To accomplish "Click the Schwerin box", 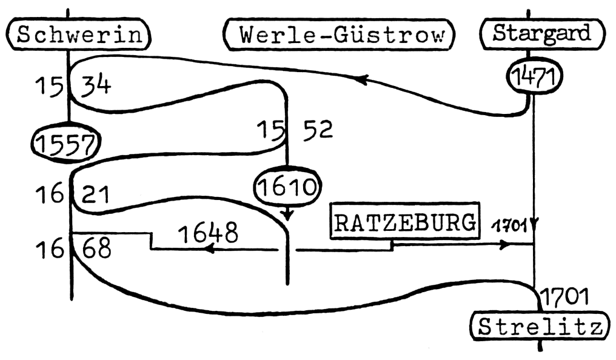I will click(79, 35).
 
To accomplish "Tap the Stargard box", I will click(542, 33).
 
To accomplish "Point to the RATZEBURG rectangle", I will click(406, 224).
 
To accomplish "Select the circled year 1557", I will click(66, 142).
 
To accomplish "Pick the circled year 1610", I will click(287, 188).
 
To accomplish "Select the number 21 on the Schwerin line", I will click(95, 195).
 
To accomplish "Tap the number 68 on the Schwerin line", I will click(96, 248).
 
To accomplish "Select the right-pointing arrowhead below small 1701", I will click(504, 245).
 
